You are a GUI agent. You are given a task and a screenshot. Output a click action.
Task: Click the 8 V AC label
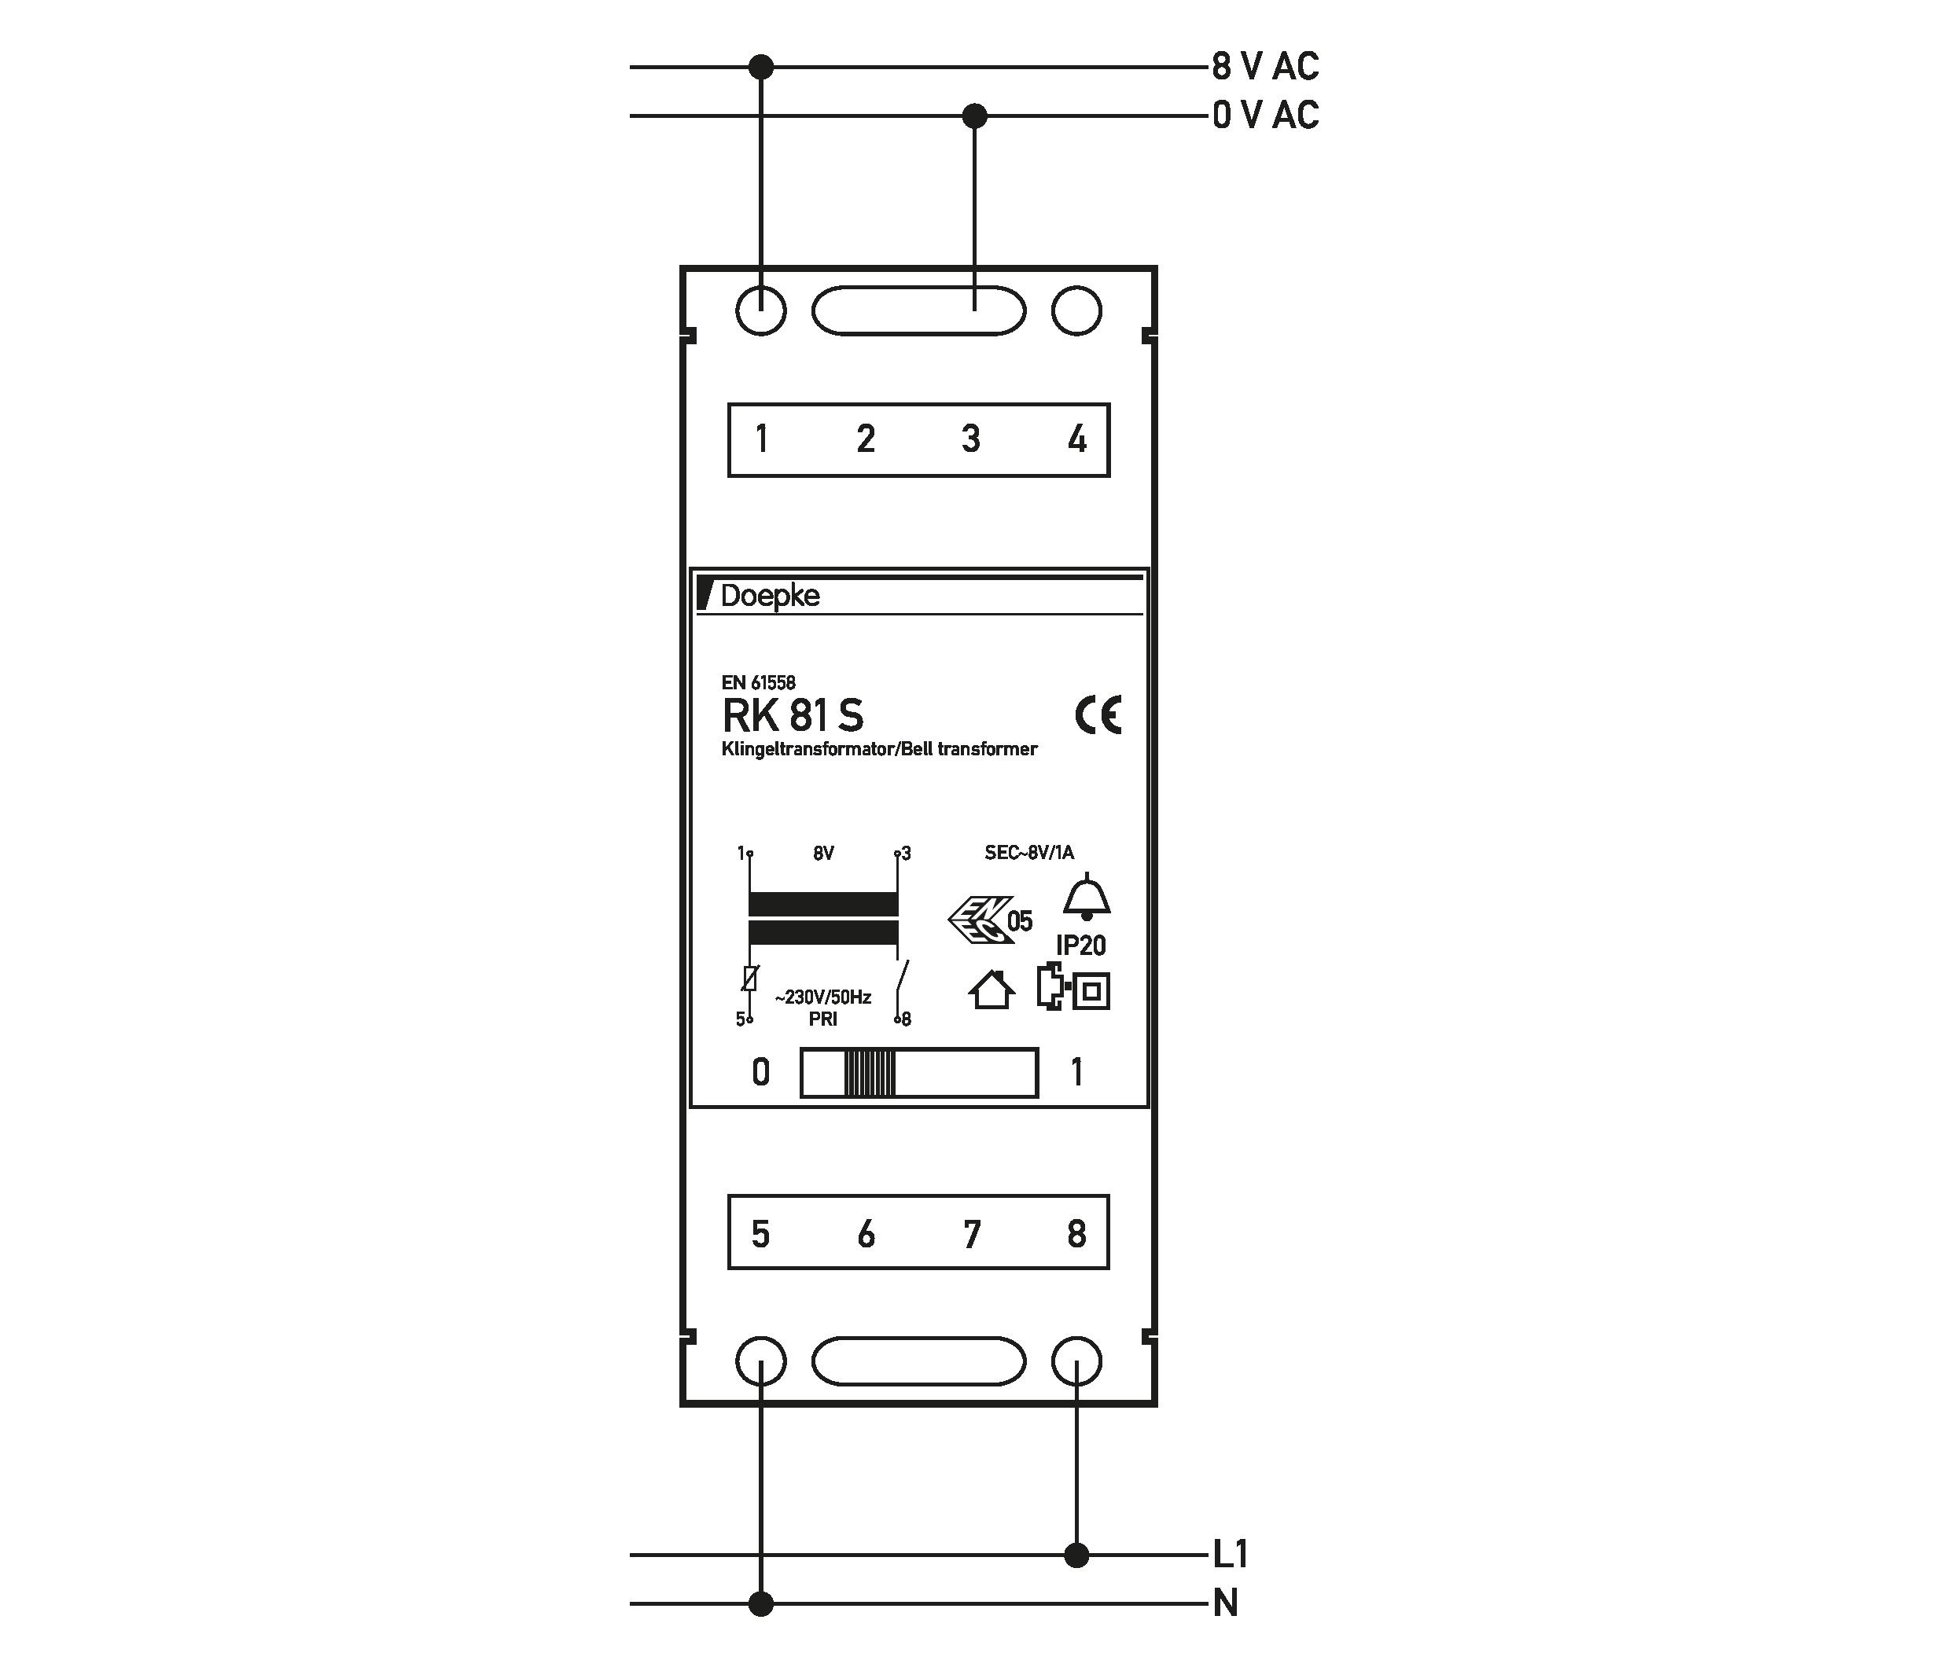click(x=1265, y=67)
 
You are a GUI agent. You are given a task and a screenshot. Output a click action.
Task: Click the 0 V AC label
click(x=1265, y=116)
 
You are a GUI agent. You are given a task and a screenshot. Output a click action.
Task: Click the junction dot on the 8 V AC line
click(x=760, y=67)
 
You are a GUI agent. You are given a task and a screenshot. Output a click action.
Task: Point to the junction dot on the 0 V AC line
click(x=975, y=116)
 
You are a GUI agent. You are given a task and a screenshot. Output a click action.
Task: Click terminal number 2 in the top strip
click(x=866, y=439)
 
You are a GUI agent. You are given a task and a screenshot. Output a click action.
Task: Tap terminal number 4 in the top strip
click(x=1076, y=439)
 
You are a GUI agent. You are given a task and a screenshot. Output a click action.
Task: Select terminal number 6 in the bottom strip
click(x=866, y=1233)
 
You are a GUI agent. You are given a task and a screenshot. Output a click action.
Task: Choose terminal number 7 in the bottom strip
click(x=972, y=1233)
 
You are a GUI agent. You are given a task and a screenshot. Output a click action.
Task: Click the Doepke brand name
click(x=769, y=596)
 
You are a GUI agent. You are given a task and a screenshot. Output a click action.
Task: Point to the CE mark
click(x=1098, y=715)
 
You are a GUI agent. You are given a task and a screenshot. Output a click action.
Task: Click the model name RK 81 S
click(x=793, y=716)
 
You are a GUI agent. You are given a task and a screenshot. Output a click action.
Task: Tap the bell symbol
click(x=1087, y=897)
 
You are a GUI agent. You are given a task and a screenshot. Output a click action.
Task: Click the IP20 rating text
click(x=1080, y=946)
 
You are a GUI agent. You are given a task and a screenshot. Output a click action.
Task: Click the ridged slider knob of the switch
click(x=870, y=1073)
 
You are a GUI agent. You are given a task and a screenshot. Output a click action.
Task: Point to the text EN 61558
click(x=759, y=683)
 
